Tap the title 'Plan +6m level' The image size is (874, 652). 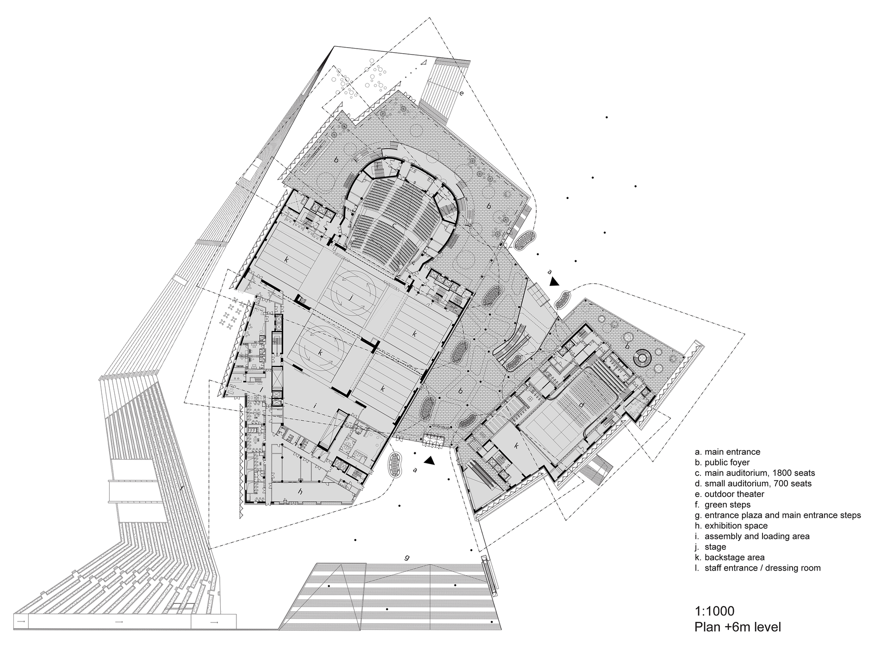[738, 627]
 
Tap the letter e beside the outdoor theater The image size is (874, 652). [461, 93]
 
